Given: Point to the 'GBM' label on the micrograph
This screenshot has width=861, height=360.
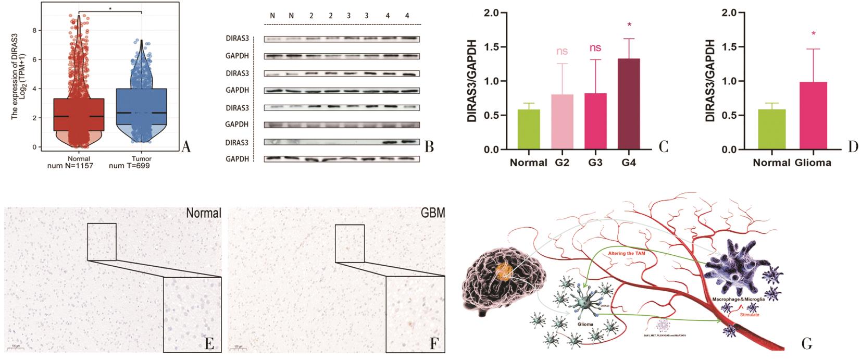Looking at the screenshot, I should pyautogui.click(x=432, y=214).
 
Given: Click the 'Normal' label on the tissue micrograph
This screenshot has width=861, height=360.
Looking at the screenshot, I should pyautogui.click(x=204, y=213).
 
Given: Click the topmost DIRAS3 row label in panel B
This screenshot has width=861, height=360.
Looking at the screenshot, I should pyautogui.click(x=238, y=39).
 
